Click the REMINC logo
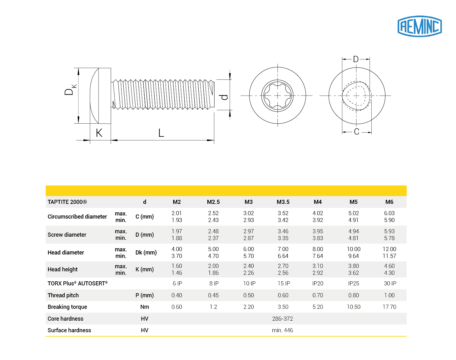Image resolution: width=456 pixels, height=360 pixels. click(x=419, y=26)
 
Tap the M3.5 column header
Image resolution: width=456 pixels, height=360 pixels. click(x=283, y=202)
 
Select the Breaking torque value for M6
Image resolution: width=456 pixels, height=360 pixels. click(x=389, y=307)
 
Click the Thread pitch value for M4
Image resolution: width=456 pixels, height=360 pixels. click(x=318, y=295)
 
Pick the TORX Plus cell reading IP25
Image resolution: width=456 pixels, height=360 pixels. click(x=354, y=283)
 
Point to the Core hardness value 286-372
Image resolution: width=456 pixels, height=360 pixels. click(x=282, y=319)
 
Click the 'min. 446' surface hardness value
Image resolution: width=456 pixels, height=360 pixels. click(x=282, y=330)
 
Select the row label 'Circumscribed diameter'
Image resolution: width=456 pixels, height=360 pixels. click(x=77, y=217)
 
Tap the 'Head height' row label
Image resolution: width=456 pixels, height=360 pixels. click(x=62, y=269)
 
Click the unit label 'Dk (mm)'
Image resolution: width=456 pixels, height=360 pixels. click(x=146, y=252)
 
